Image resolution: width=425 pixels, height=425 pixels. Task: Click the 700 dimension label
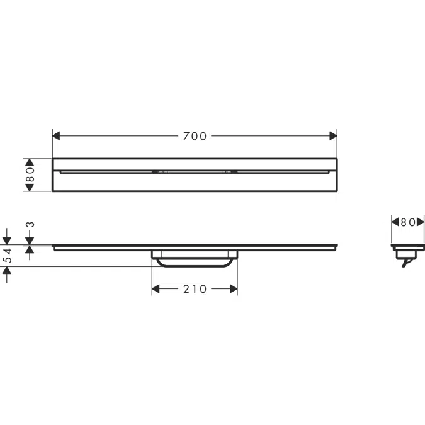click(x=195, y=136)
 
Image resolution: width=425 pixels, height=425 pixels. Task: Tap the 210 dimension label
click(x=195, y=289)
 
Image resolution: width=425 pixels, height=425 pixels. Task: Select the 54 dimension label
click(x=8, y=255)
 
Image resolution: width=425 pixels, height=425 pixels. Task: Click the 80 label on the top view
click(x=30, y=174)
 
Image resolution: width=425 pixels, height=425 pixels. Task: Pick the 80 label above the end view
click(x=407, y=222)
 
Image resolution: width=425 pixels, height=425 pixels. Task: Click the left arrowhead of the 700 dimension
click(x=56, y=136)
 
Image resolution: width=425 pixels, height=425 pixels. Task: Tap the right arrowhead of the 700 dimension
click(x=333, y=136)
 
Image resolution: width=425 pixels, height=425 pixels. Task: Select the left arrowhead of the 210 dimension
click(x=156, y=289)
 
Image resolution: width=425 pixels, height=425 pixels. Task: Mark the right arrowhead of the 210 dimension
click(x=234, y=289)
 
